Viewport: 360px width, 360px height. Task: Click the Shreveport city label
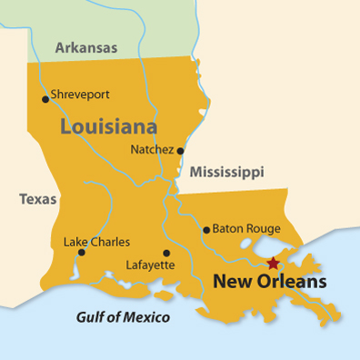pos(82,93)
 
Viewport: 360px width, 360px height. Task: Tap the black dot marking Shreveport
pos(45,99)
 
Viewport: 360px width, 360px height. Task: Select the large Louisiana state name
pos(108,126)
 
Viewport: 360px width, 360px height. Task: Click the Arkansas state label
pos(85,47)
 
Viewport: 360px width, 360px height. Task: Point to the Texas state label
pos(38,199)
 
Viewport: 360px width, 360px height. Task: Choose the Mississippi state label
pos(226,172)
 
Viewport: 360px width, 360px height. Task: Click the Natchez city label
pos(152,149)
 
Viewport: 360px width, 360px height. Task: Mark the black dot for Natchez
pos(180,151)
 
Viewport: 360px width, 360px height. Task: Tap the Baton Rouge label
pos(247,229)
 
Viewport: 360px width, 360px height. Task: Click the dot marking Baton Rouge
pos(206,230)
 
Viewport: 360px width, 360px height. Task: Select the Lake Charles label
pos(96,243)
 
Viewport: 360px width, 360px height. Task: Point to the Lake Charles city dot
pos(82,252)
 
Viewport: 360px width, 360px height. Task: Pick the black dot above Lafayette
pos(165,254)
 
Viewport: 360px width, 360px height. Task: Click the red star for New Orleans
pos(272,264)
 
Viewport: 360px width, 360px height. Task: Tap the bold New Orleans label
pos(269,283)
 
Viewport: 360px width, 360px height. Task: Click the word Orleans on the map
pos(293,283)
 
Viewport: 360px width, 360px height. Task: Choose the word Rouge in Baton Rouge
pos(263,229)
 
